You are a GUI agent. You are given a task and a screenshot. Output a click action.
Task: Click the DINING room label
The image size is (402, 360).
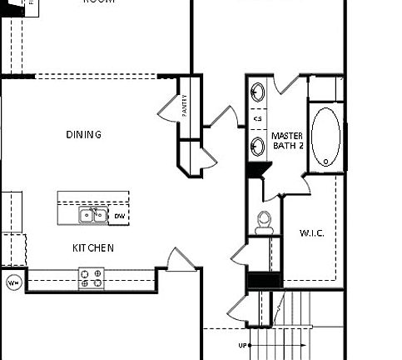pos(83,134)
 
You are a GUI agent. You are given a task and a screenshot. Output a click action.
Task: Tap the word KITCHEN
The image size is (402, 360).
pos(93,248)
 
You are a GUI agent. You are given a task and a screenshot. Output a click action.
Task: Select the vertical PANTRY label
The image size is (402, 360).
pos(185,104)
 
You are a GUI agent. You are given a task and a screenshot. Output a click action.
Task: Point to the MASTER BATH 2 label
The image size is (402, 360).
pos(287,139)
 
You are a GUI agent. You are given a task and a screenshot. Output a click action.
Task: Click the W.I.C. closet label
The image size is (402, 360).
pos(312,232)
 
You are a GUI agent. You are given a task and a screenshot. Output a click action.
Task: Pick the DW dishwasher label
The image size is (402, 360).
pos(120,217)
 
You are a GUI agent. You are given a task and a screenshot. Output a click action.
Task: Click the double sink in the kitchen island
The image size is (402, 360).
pos(92,216)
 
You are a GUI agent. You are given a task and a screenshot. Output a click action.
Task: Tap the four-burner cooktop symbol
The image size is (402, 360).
pos(92,277)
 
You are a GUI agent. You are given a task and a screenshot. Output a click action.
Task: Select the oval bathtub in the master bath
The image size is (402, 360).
pos(325,136)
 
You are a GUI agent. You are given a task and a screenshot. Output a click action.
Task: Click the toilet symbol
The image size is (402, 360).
pos(265,221)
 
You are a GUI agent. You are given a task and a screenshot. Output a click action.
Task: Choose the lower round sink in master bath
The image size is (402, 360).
pos(258,147)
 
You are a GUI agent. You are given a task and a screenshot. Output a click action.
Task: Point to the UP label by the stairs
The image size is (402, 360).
pos(242,344)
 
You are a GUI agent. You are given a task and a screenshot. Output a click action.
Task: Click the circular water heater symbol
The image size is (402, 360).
pos(13,282)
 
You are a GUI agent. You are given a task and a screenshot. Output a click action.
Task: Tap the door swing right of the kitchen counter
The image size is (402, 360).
pos(176,259)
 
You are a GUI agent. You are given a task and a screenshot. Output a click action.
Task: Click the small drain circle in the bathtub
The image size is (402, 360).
pos(326,157)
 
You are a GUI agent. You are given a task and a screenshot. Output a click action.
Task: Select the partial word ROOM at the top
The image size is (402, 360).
pos(98,2)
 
